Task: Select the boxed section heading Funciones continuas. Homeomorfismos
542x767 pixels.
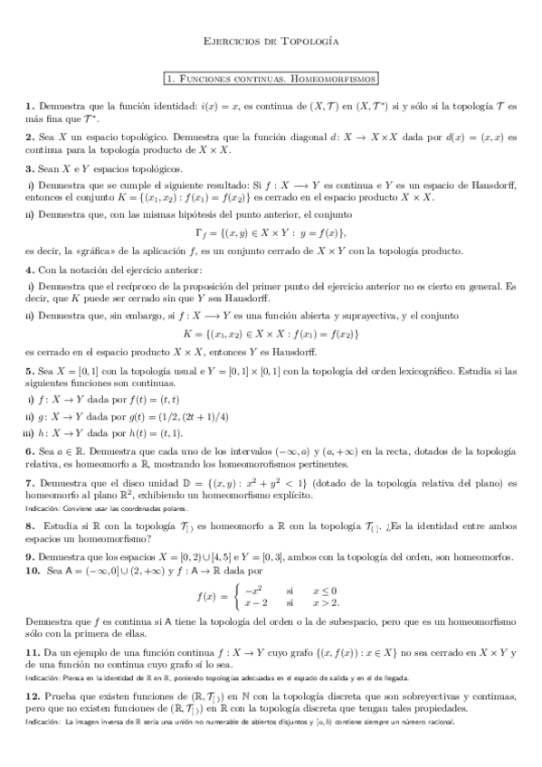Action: [271, 79]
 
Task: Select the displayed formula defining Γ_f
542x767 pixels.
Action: [271, 233]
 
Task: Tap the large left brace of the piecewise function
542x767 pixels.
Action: [237, 596]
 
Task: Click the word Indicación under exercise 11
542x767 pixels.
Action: [42, 677]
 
